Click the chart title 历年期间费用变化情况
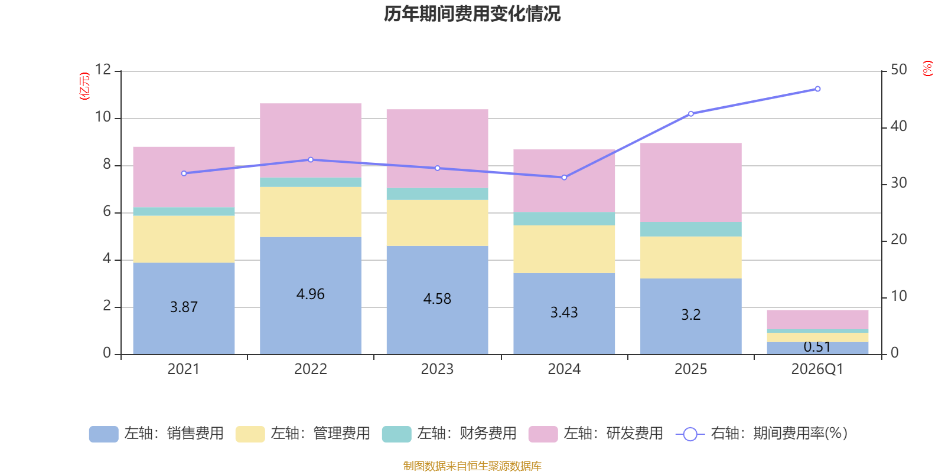click(x=472, y=14)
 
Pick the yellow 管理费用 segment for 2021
click(x=184, y=239)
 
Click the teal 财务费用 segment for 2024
click(x=564, y=218)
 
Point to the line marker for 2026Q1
click(x=817, y=89)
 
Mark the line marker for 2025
click(x=691, y=113)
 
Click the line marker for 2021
click(x=184, y=173)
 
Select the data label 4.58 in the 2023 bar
click(x=437, y=299)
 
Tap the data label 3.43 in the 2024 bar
click(x=564, y=312)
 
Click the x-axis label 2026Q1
click(x=817, y=369)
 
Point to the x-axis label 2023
click(x=437, y=369)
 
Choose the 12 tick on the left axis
click(x=103, y=70)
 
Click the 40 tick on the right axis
click(x=898, y=126)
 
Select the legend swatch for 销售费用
click(x=103, y=434)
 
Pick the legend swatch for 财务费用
click(x=396, y=434)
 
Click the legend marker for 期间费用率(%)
click(x=690, y=434)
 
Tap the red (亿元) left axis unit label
click(x=84, y=86)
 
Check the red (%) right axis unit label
click(x=928, y=68)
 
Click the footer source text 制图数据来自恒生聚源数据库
click(x=472, y=466)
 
